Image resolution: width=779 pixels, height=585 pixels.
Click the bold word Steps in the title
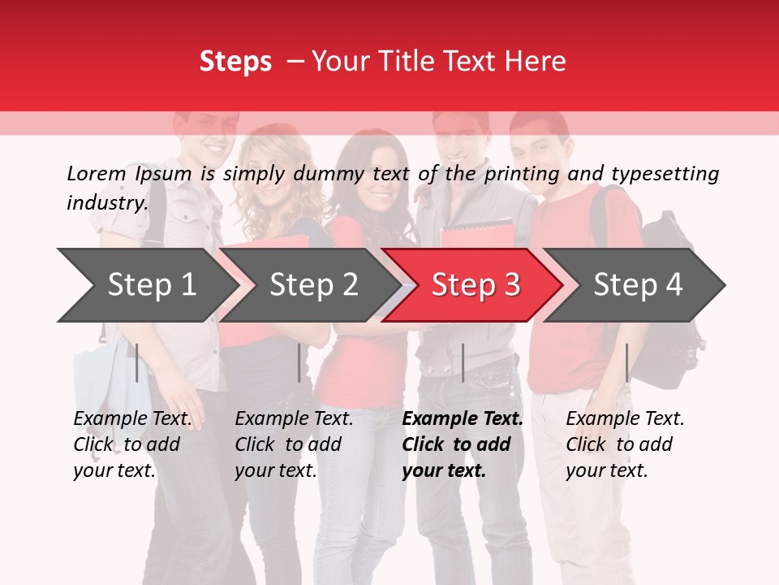point(235,62)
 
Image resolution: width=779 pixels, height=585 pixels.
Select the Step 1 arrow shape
point(146,285)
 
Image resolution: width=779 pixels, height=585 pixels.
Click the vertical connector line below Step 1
point(137,362)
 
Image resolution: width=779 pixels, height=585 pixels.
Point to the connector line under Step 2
point(299,362)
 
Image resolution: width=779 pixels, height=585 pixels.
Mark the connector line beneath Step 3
point(463,362)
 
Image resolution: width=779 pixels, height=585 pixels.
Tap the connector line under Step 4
point(626,362)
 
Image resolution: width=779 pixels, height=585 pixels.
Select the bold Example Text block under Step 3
point(463,444)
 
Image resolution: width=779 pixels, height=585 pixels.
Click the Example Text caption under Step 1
point(132,444)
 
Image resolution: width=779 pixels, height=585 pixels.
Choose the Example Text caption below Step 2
point(294,444)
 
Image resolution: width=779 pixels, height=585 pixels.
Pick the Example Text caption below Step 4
point(625,444)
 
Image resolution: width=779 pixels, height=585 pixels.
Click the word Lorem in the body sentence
point(96,173)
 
